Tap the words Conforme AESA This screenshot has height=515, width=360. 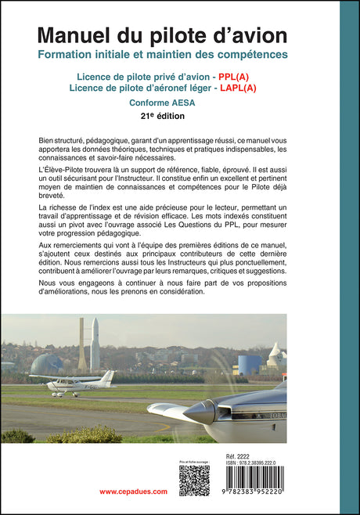(163, 103)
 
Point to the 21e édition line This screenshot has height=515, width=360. (163, 116)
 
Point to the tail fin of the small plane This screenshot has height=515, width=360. (106, 377)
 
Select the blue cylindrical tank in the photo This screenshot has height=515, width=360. (250, 364)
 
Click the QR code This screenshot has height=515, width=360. (194, 481)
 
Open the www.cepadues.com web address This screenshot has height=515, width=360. (134, 492)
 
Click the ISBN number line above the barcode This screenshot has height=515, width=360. (253, 462)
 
